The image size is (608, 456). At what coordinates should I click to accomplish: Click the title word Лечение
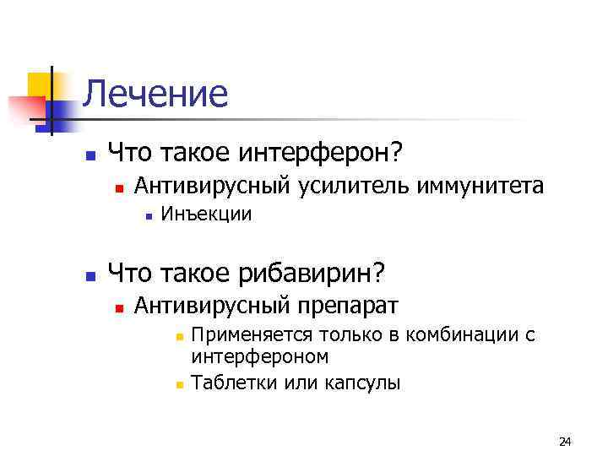click(156, 94)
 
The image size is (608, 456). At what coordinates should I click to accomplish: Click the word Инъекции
click(206, 214)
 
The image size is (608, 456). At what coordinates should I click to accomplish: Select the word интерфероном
click(260, 356)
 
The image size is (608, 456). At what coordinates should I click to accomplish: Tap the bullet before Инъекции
click(148, 215)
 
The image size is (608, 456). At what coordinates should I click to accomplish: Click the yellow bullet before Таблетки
click(179, 384)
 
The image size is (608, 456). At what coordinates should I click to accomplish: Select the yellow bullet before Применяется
click(179, 336)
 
